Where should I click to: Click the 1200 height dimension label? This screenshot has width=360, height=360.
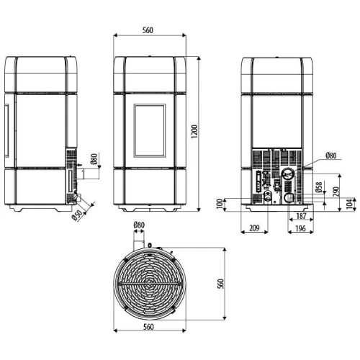(x=194, y=131)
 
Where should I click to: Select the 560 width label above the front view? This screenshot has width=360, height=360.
(x=148, y=30)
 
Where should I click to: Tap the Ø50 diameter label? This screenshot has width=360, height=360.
(x=77, y=215)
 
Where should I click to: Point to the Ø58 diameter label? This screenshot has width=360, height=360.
(x=319, y=187)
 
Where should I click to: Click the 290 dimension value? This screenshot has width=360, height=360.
(x=336, y=192)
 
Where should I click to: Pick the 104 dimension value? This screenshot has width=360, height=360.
(x=350, y=204)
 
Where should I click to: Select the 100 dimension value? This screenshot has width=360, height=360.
(x=220, y=204)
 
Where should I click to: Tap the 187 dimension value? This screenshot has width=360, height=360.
(x=301, y=216)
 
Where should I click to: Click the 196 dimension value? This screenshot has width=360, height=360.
(x=300, y=228)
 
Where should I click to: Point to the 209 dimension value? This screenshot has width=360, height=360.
(x=254, y=228)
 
